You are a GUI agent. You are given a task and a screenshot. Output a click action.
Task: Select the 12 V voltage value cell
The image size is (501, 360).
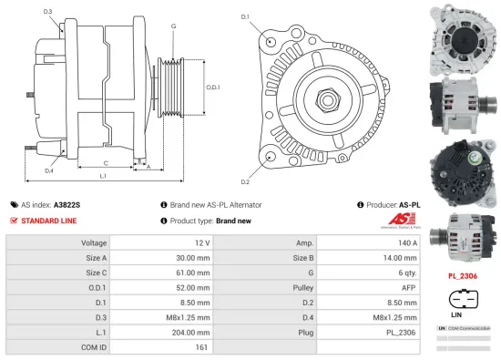(x=202, y=243)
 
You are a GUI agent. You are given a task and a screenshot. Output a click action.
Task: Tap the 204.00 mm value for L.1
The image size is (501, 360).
(x=194, y=332)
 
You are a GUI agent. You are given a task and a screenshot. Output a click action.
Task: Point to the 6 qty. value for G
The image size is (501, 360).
(x=408, y=273)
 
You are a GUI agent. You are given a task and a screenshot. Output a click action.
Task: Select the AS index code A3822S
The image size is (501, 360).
(x=66, y=205)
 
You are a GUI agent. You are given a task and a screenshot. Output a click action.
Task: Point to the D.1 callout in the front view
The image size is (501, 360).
(x=245, y=17)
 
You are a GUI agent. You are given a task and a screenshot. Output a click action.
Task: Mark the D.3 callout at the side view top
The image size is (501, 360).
(x=47, y=12)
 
